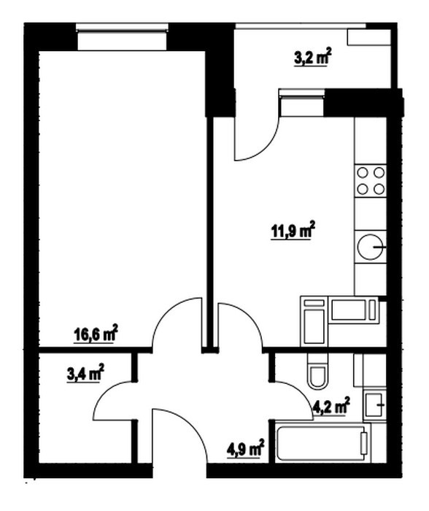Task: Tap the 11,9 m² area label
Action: tap(293, 231)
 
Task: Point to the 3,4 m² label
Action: tap(85, 373)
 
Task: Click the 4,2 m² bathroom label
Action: tap(331, 406)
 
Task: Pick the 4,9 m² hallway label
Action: tap(245, 448)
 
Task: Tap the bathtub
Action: tap(322, 442)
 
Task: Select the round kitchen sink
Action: tap(371, 247)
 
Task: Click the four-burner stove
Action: tap(371, 180)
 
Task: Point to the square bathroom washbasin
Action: tap(374, 405)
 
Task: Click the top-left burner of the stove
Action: tap(363, 172)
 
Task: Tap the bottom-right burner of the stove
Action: tap(379, 188)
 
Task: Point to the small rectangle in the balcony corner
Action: tap(369, 37)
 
